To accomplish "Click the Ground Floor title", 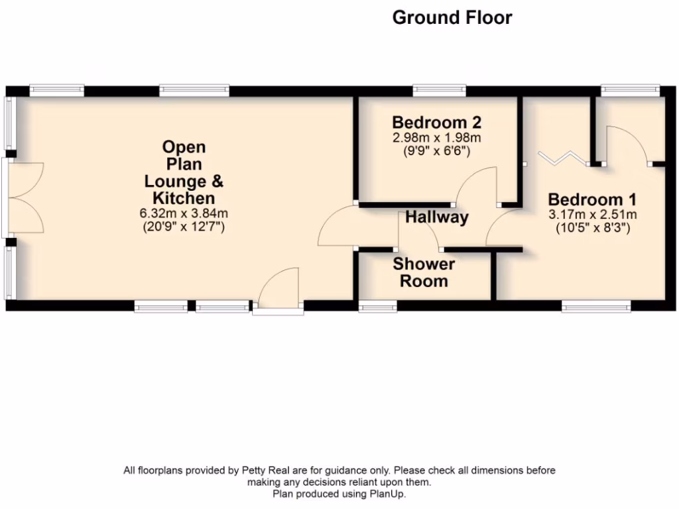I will (452, 18).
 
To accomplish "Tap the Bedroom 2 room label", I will (436, 123).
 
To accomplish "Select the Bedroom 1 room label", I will (592, 199).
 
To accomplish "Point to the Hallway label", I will (437, 217).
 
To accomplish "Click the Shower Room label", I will (424, 272).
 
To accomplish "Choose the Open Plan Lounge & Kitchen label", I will (184, 172).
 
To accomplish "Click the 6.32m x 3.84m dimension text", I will (184, 213).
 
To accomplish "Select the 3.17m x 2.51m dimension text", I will (592, 215).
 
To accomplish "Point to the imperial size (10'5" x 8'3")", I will (592, 228).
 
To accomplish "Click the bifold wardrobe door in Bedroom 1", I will (562, 156).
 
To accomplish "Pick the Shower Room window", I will (377, 306).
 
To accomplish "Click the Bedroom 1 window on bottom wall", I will (595, 306).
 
